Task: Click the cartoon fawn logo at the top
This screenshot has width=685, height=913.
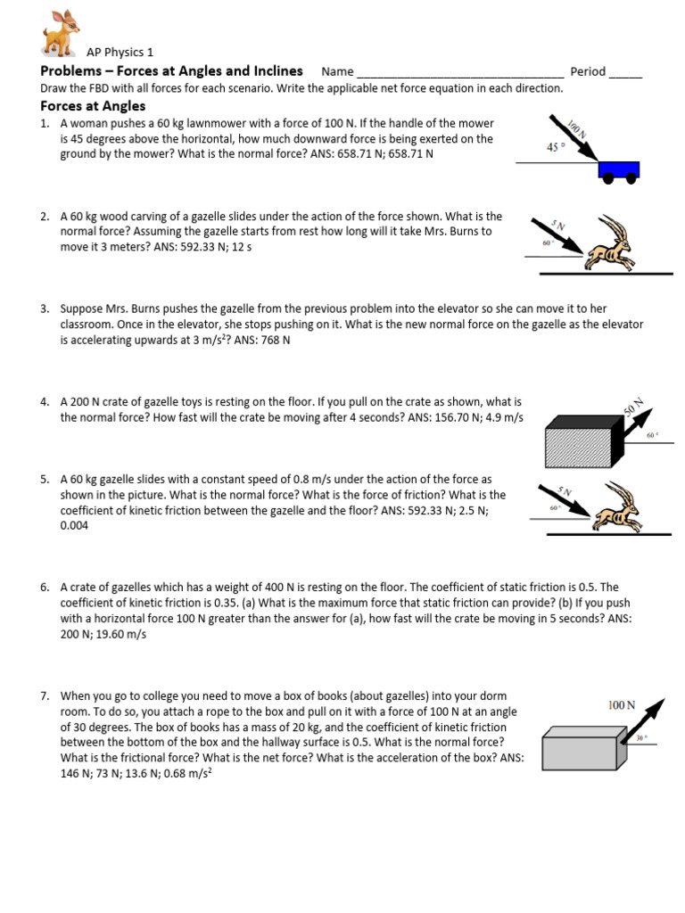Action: click(x=62, y=34)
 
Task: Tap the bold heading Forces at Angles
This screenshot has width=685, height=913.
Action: click(x=93, y=106)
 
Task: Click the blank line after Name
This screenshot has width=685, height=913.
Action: click(x=458, y=73)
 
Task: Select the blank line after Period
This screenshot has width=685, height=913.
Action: click(x=625, y=73)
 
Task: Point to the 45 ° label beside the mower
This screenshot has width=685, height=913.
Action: click(x=557, y=147)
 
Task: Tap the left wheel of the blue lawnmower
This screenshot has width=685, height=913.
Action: click(x=608, y=177)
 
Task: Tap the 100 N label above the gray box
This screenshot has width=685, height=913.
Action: click(x=622, y=704)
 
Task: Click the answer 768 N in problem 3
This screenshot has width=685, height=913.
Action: click(x=273, y=341)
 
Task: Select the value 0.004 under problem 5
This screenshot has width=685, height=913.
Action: click(x=75, y=526)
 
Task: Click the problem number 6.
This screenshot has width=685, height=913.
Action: click(x=45, y=588)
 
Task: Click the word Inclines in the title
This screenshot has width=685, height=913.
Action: click(x=276, y=71)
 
